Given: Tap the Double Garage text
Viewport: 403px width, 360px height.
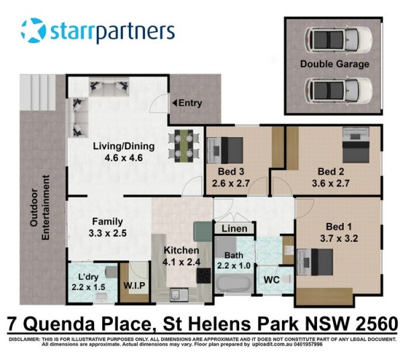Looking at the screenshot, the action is point(334,64).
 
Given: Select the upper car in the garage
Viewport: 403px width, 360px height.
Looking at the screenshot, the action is point(339,40).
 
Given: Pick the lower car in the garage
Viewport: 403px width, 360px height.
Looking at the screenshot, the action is point(339,91).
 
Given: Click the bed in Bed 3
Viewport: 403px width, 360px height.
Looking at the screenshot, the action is point(225,150).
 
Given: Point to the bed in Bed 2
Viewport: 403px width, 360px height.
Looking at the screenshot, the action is point(356,145).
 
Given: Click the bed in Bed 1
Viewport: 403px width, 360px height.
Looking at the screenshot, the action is point(315,262).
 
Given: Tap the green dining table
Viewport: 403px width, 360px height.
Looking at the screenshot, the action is point(184,146).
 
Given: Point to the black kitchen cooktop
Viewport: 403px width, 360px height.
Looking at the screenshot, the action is point(204,275).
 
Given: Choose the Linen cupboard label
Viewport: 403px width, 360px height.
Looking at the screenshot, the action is point(234,228).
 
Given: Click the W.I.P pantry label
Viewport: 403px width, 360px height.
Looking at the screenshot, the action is point(134,285).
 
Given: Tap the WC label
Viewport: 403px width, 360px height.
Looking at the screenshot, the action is point(271,279).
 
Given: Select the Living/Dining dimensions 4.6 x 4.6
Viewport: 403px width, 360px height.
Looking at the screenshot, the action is point(124,158).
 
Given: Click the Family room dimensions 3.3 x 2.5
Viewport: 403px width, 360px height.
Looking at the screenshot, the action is point(107,233).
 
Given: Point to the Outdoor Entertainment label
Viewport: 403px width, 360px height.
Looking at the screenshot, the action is point(40,208).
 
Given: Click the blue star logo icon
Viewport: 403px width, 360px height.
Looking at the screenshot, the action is point(34,30).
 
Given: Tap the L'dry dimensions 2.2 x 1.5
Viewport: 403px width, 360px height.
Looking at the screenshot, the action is point(89,287).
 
